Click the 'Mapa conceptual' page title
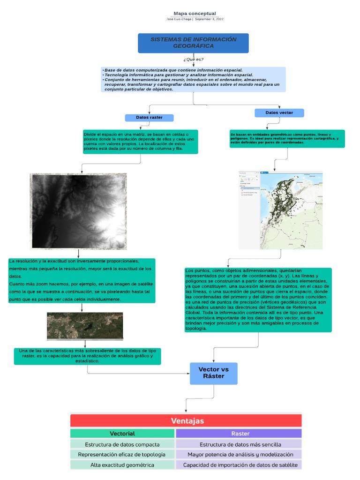(x=195, y=14)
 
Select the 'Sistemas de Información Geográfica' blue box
(x=193, y=43)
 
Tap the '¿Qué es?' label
(x=193, y=60)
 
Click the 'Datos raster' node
(x=149, y=117)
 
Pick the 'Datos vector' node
(x=279, y=113)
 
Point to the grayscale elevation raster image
(x=78, y=211)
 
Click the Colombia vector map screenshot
(x=280, y=210)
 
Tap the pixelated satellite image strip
(x=85, y=326)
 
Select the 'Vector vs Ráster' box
(x=213, y=373)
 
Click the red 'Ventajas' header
(x=186, y=420)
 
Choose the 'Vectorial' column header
(x=122, y=434)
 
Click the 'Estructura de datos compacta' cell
(x=122, y=444)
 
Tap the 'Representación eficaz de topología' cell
(x=122, y=455)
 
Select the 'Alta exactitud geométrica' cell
(x=122, y=465)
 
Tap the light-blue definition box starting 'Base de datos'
(x=193, y=79)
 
